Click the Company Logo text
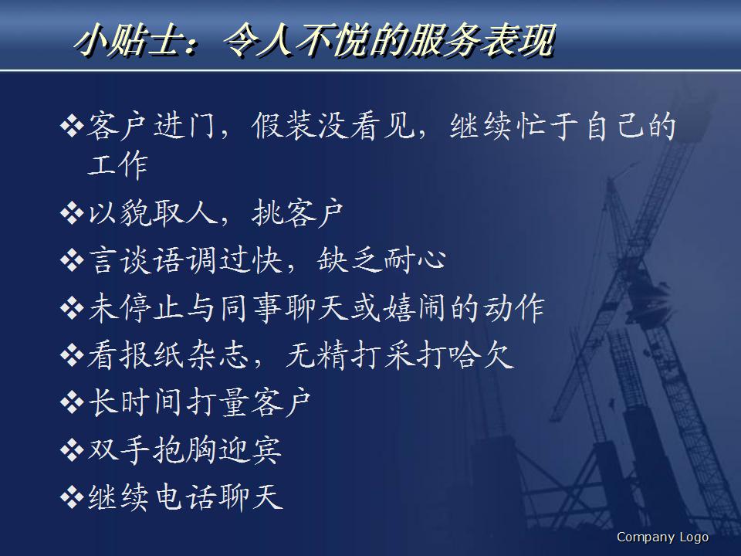[662, 537]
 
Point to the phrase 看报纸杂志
[167, 355]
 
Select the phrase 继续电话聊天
[186, 497]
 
